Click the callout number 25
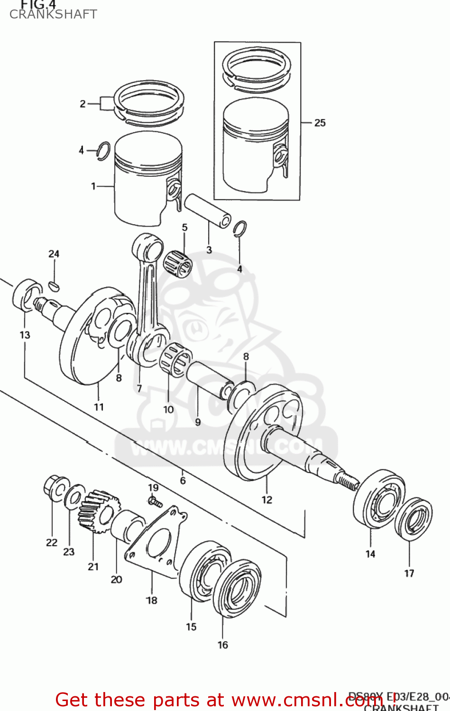click(x=320, y=123)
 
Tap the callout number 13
click(x=25, y=335)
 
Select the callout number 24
click(x=54, y=254)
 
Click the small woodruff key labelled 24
click(x=54, y=286)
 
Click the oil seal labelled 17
click(x=413, y=519)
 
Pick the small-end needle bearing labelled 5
click(x=177, y=264)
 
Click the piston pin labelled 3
click(x=207, y=210)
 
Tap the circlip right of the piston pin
click(x=239, y=228)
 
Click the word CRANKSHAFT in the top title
click(x=53, y=14)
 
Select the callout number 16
click(x=223, y=645)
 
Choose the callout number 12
click(x=267, y=500)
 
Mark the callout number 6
click(x=183, y=481)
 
